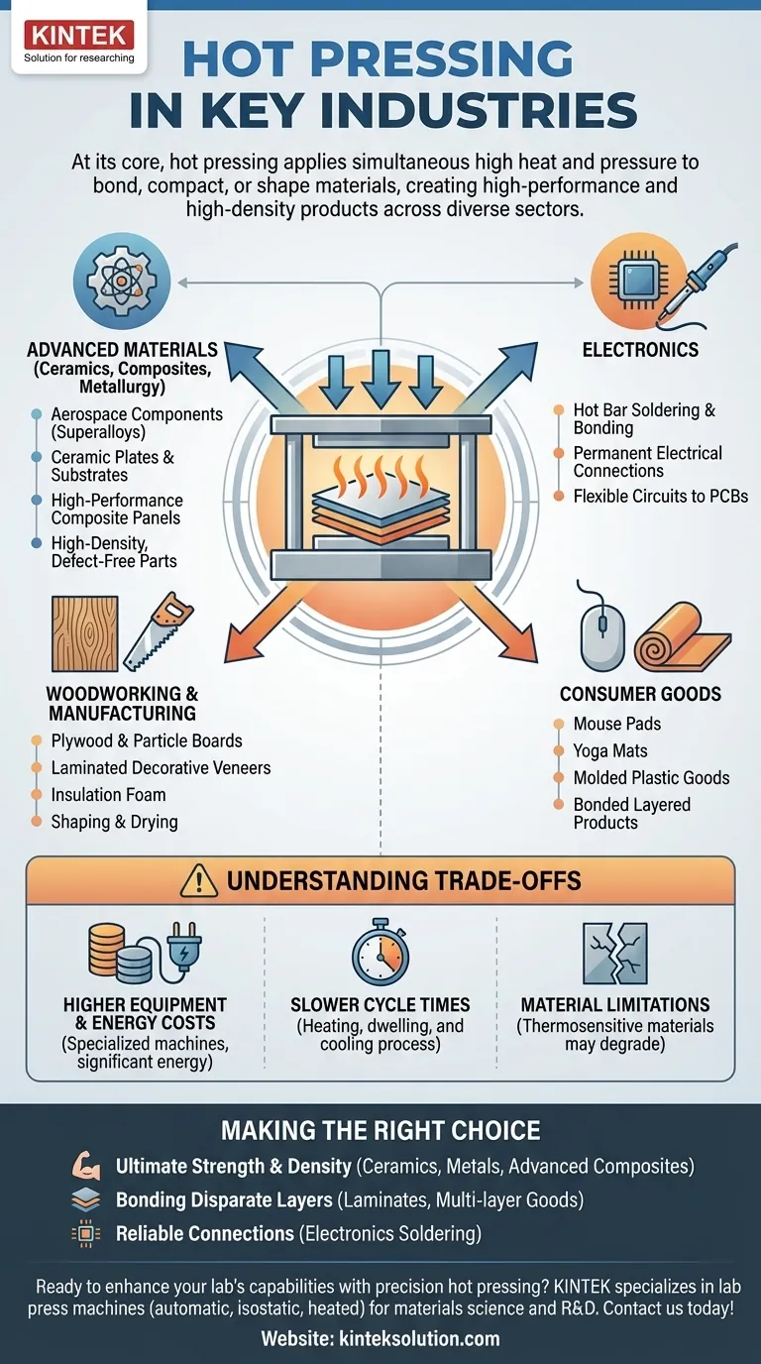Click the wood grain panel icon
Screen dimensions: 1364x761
pyautogui.click(x=83, y=632)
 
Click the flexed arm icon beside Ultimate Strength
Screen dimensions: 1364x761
pyautogui.click(x=87, y=1166)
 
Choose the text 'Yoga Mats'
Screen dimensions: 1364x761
pyautogui.click(x=609, y=750)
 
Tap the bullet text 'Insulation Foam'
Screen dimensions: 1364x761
pyautogui.click(x=108, y=795)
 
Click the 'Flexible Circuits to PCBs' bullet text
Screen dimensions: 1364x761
pyautogui.click(x=660, y=496)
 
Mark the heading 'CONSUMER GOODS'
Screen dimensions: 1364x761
pyautogui.click(x=640, y=694)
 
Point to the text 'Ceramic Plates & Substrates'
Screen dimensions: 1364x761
pyautogui.click(x=112, y=466)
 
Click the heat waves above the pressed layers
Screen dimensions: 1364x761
pyautogui.click(x=380, y=468)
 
